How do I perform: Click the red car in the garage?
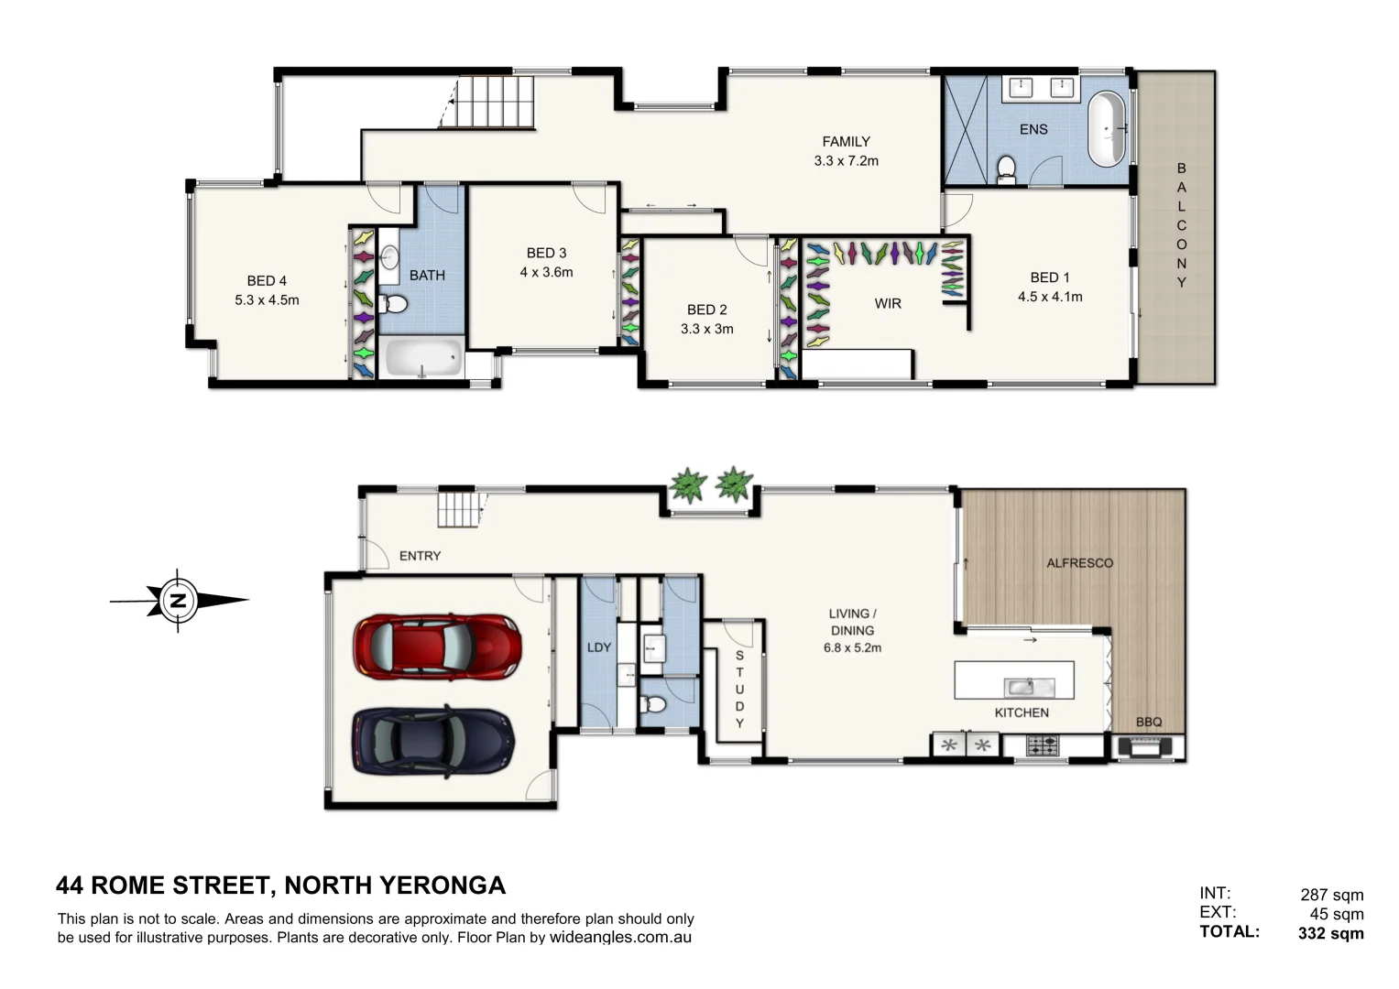tap(437, 647)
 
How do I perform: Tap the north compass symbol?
tap(179, 601)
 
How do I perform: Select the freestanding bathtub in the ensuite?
tap(1108, 129)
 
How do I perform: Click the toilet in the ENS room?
tap(1006, 169)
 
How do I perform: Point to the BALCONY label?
tap(1181, 225)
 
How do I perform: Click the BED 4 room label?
tap(267, 281)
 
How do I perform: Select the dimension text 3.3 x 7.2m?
tap(846, 161)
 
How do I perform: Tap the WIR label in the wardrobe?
tap(887, 303)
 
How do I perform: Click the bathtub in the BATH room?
tap(421, 359)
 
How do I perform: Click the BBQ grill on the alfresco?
tap(1148, 747)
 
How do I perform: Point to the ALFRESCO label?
tap(1079, 563)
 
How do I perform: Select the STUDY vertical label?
tap(739, 689)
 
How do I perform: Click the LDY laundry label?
tap(598, 647)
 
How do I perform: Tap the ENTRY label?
tap(420, 556)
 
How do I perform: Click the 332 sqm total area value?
tap(1330, 934)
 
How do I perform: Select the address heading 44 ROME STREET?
tap(280, 886)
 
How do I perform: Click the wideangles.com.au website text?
tap(620, 938)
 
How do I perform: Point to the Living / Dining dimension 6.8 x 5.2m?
tap(852, 647)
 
